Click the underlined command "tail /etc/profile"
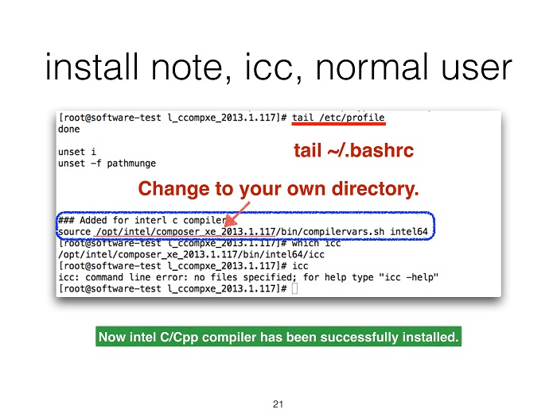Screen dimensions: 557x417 [338, 118]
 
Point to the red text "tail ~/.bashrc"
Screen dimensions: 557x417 [353, 150]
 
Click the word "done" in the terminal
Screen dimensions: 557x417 [69, 129]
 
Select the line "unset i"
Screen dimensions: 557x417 [77, 152]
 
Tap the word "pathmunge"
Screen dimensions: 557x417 [131, 164]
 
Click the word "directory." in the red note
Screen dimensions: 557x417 [375, 189]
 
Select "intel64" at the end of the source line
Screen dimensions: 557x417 [409, 232]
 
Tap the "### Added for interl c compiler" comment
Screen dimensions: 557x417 [142, 221]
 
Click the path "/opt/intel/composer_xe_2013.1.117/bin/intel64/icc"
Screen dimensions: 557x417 [191, 255]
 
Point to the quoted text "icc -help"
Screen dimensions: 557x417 [409, 277]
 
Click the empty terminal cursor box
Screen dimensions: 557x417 [294, 288]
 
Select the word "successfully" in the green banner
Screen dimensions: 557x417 [359, 337]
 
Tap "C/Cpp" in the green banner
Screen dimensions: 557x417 [179, 337]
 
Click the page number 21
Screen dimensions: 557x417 [278, 403]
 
